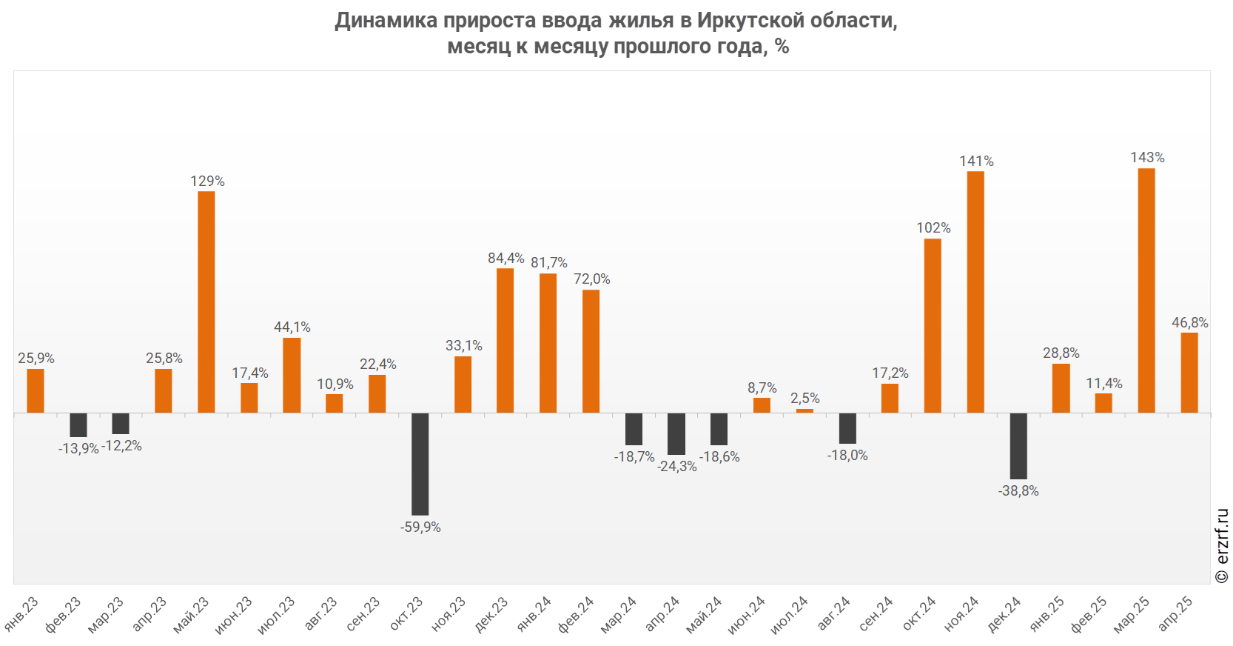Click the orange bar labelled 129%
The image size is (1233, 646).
pos(206,302)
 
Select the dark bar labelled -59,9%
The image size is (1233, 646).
pos(420,464)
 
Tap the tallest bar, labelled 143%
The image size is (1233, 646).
pos(1146,290)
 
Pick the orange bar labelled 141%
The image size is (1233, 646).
pos(975,292)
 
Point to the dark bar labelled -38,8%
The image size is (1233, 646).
pos(1018,446)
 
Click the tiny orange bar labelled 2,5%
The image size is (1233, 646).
pos(804,410)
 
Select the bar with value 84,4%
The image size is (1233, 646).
pos(505,340)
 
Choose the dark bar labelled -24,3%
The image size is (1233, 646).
pos(676,433)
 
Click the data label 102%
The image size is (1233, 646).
pos(933,228)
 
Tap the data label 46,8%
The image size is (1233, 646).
pos(1189,323)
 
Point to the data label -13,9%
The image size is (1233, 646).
pos(78,449)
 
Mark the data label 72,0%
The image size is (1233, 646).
pos(591,279)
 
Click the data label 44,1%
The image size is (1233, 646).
pos(292,327)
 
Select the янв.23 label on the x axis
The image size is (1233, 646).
pos(22,613)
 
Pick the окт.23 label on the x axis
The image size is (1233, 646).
pos(407,613)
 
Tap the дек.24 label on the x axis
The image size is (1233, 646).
pos(1004,614)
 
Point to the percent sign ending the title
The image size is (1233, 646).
pos(783,47)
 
